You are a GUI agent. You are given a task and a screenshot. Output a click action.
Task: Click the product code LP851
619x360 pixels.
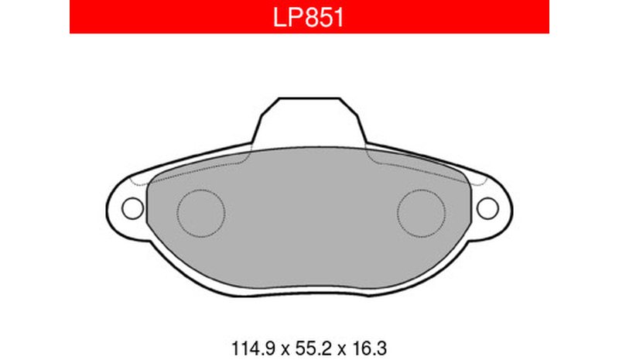[x=308, y=18]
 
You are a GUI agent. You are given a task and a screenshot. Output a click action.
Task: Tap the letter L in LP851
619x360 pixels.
[x=279, y=18]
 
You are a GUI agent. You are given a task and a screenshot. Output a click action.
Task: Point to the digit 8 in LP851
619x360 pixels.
[x=313, y=18]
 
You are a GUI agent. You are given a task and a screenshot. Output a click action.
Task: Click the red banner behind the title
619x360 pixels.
[x=309, y=16]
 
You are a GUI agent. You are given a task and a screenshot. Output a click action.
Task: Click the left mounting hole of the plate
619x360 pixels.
[x=132, y=208]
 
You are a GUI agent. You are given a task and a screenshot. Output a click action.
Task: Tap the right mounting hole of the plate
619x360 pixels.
[x=487, y=208]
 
